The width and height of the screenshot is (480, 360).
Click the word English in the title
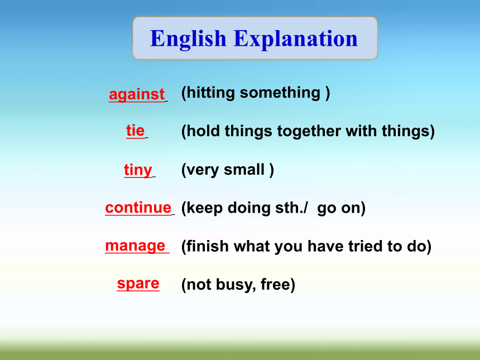coord(188,39)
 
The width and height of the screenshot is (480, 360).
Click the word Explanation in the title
coord(295,39)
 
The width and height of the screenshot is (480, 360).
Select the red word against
coord(137,94)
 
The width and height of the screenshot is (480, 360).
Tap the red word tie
coord(135,131)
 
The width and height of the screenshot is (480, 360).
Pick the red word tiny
coord(138,170)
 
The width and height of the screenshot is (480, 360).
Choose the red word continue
coord(138,208)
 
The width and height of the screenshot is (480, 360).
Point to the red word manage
coord(135,246)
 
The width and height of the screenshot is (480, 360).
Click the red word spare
coord(138,284)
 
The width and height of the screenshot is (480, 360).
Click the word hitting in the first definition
coord(210,93)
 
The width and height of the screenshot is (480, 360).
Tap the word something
coord(280,93)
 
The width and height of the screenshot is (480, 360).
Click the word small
coord(244,170)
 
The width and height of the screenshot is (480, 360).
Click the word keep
coord(204,209)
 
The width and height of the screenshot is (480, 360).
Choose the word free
coord(275,284)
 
